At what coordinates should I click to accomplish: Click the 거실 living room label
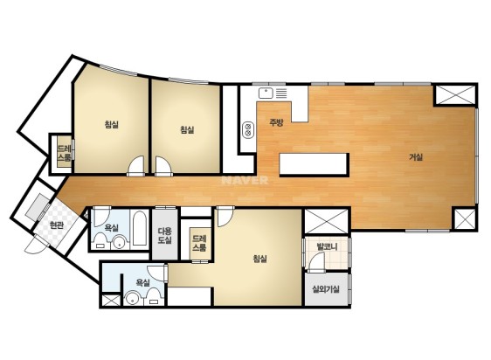coord(416,157)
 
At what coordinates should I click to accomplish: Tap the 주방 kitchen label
coord(276,122)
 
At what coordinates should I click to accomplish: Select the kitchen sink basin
coord(266,93)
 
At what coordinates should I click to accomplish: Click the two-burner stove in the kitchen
coord(248,129)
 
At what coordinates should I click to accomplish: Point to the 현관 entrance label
coord(57,225)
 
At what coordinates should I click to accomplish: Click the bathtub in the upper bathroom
coord(139,227)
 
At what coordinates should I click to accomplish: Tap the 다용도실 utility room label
coord(165,236)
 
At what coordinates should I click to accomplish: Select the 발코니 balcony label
coord(327,246)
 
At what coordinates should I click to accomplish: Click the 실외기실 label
coord(326,289)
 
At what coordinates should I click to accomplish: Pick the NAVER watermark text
coord(245,180)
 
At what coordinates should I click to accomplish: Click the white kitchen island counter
coord(314,164)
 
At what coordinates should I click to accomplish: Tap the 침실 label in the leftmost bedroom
coord(112,124)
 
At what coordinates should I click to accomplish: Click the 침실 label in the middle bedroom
coord(187,129)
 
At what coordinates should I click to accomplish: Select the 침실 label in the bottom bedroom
coord(259,259)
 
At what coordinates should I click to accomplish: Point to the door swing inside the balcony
coord(316,262)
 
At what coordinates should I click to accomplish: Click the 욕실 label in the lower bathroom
coord(142,282)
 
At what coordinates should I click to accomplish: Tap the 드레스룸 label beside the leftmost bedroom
coord(64,153)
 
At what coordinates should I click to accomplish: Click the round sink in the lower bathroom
coord(132,299)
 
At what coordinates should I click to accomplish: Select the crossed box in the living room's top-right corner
coord(455,95)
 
